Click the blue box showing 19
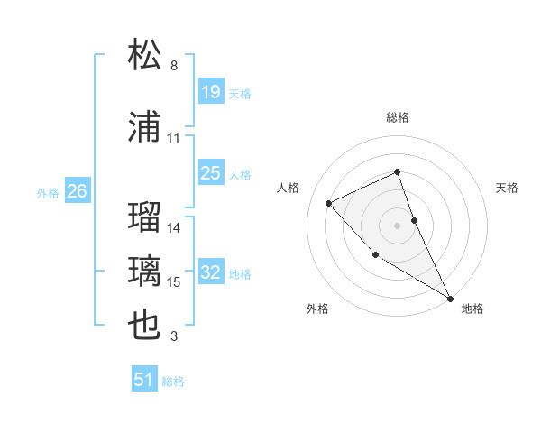click(210, 92)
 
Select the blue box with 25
click(210, 173)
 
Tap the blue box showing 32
click(210, 272)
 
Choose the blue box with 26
click(77, 191)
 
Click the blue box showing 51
click(144, 380)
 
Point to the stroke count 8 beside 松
click(174, 66)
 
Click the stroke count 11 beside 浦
click(174, 138)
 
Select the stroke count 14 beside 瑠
click(174, 228)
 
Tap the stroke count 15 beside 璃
click(174, 282)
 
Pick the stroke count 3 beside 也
click(174, 336)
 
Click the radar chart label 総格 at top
click(398, 117)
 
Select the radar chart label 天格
click(507, 188)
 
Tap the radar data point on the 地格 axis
click(451, 298)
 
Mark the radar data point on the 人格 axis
click(329, 203)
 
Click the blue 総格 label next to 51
click(173, 382)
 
